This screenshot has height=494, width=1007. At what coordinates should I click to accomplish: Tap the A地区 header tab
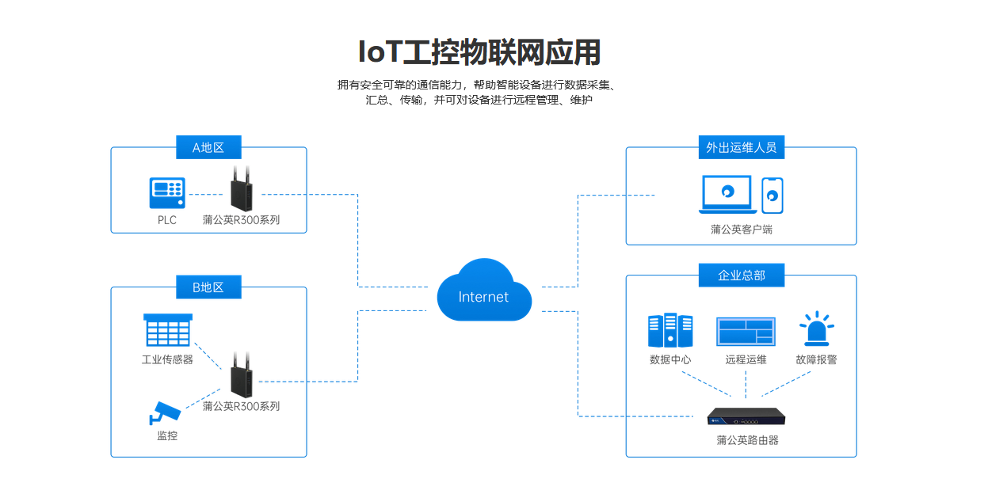pyautogui.click(x=208, y=147)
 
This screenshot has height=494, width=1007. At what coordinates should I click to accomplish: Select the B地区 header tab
pyautogui.click(x=208, y=287)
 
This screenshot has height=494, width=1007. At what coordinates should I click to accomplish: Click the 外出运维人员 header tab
pyautogui.click(x=742, y=147)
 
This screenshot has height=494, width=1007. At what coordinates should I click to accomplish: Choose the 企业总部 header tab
pyautogui.click(x=742, y=275)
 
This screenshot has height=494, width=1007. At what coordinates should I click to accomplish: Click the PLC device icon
pyautogui.click(x=167, y=193)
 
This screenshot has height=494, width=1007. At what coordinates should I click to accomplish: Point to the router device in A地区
pyautogui.click(x=242, y=188)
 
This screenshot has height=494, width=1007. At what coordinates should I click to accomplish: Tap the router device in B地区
pyautogui.click(x=242, y=375)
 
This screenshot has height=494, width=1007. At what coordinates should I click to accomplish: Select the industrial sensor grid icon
pyautogui.click(x=168, y=329)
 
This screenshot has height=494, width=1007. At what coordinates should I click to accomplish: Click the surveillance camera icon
pyautogui.click(x=165, y=413)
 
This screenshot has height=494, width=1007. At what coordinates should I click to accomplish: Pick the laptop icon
pyautogui.click(x=727, y=195)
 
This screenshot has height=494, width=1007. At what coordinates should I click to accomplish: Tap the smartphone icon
pyautogui.click(x=772, y=196)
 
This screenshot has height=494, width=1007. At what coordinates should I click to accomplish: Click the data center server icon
pyautogui.click(x=670, y=330)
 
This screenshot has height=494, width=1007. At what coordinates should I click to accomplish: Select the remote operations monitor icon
pyautogui.click(x=746, y=332)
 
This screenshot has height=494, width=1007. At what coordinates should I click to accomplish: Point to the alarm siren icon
pyautogui.click(x=816, y=329)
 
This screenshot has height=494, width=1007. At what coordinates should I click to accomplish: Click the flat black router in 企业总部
pyautogui.click(x=746, y=416)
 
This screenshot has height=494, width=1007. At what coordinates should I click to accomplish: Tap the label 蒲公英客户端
pyautogui.click(x=742, y=230)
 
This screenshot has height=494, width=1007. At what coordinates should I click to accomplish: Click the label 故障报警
pyautogui.click(x=816, y=359)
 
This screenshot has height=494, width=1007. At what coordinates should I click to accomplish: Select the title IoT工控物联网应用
pyautogui.click(x=479, y=52)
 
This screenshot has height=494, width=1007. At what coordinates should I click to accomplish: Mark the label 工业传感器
pyautogui.click(x=167, y=359)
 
